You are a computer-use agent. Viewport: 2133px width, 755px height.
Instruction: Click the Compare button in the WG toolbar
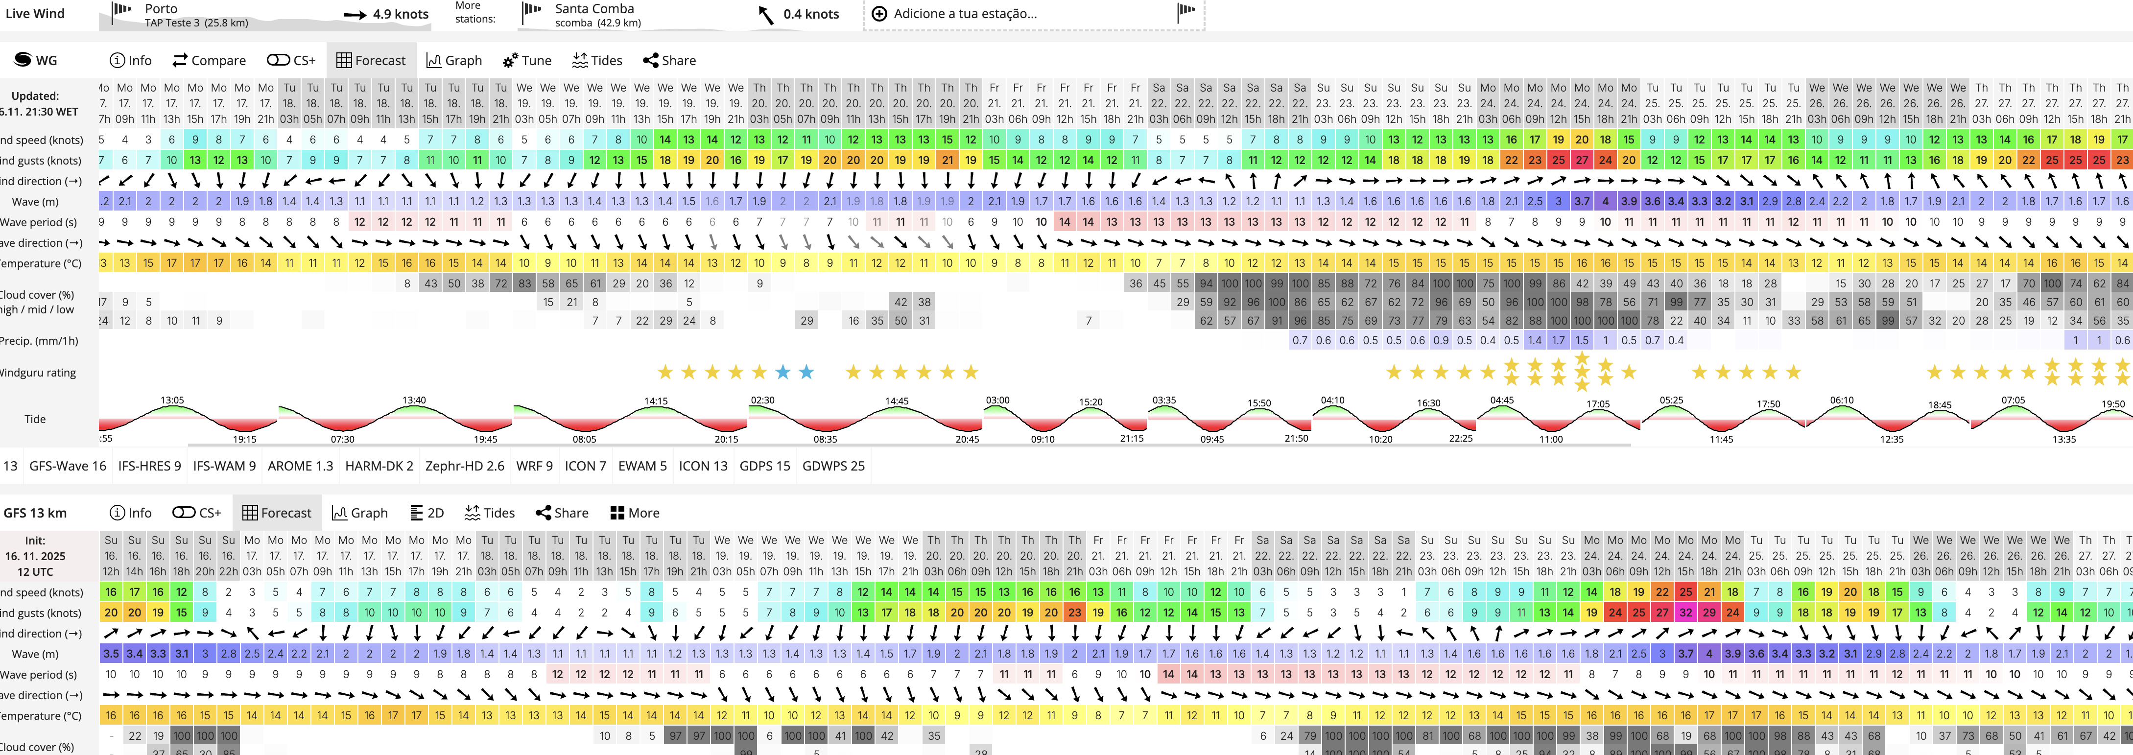coord(210,60)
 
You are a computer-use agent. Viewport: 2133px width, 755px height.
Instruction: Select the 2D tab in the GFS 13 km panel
coord(427,513)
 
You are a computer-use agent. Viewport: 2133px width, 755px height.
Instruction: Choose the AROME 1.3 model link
coord(300,466)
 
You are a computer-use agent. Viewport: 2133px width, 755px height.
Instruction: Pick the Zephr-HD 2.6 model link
coord(465,466)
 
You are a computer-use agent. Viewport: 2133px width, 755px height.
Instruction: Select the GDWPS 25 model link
coord(833,466)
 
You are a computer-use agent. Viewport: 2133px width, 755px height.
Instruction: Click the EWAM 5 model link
coord(642,466)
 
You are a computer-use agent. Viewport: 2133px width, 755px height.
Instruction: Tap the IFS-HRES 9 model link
coord(149,466)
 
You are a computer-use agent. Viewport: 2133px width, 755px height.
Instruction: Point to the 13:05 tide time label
coord(172,401)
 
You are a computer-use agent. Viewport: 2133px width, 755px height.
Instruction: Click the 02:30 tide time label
coord(762,401)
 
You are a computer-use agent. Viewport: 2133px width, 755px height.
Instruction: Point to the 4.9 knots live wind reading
coord(400,14)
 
